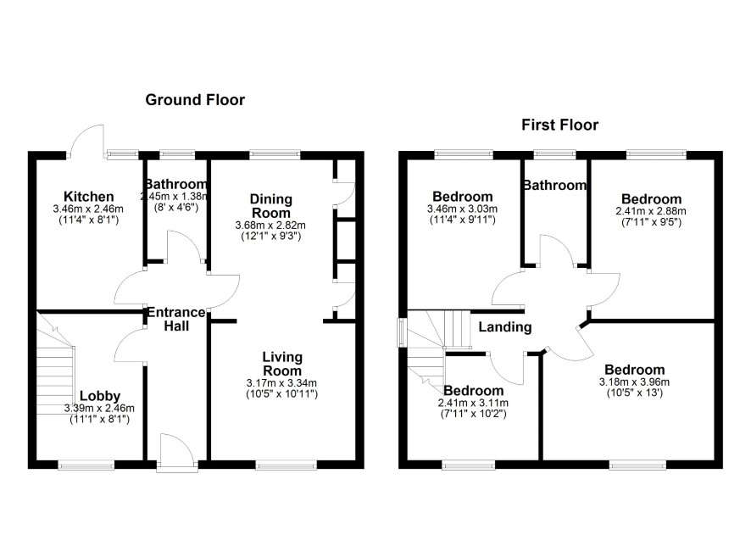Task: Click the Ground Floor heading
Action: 195,100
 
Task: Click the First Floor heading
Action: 560,125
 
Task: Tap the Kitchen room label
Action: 89,197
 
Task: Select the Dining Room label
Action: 271,206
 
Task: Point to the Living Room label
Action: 282,364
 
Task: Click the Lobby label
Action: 100,396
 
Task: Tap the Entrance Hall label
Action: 175,319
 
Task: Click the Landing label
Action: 505,327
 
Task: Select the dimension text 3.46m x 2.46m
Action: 88,209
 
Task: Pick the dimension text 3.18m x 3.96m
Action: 634,382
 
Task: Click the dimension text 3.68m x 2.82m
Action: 270,226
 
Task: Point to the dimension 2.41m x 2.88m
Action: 651,211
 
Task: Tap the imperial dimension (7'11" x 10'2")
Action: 473,414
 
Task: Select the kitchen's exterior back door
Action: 86,141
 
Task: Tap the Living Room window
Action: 286,465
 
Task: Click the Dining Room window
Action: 275,154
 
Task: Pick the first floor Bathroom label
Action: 554,186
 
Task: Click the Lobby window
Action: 86,465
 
